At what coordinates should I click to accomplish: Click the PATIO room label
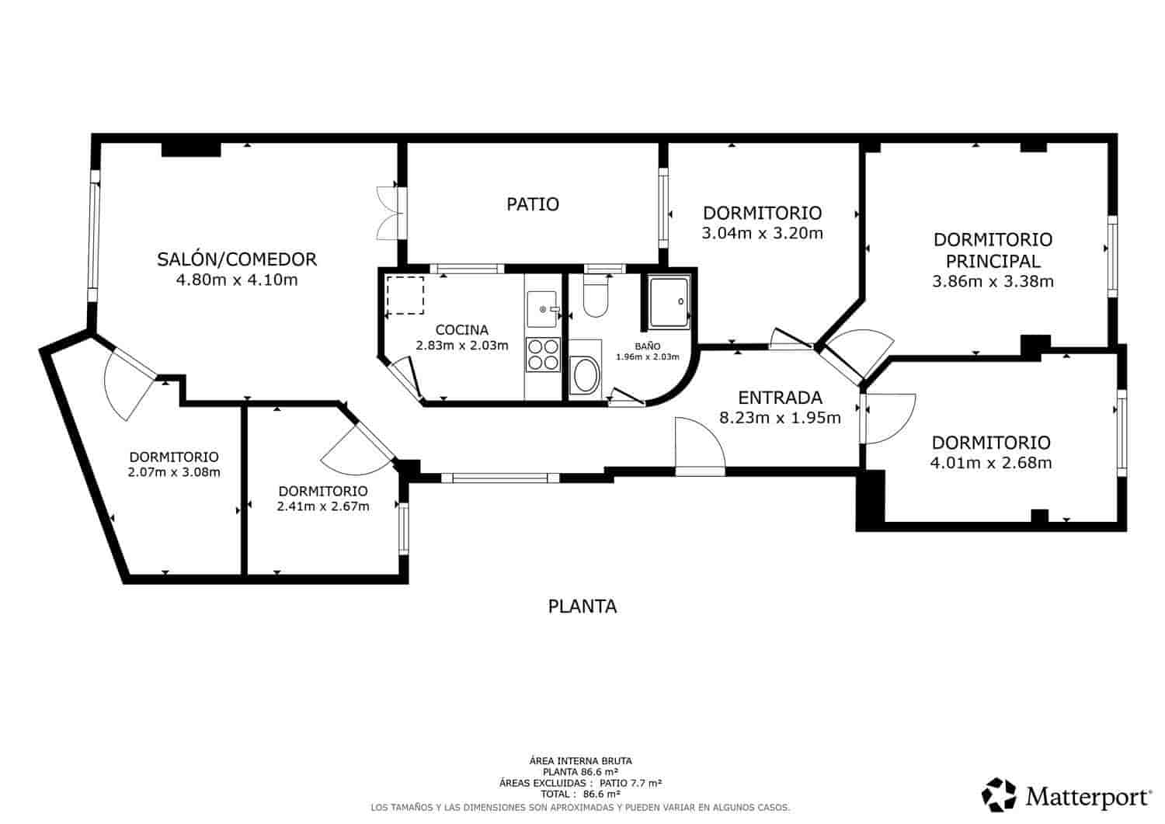pos(533,204)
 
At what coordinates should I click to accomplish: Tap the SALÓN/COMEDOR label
pos(237,259)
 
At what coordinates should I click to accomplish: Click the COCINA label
pos(461,330)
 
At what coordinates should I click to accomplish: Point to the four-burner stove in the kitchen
pos(543,354)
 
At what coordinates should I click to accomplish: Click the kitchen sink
pos(543,308)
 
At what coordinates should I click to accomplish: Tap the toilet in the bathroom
pos(596,297)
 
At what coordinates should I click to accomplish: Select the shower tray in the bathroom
pos(669,301)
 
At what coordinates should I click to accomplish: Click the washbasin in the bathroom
pos(584,377)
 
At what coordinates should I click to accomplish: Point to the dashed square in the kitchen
pos(405,296)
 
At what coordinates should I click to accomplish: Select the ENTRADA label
pos(780,398)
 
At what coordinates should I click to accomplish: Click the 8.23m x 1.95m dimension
pos(780,419)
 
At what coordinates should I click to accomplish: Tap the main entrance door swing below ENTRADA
pos(699,447)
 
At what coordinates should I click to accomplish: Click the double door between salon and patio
pos(388,212)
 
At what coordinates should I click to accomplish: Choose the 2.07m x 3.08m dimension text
pos(174,472)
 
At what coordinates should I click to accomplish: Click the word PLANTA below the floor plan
pos(582,607)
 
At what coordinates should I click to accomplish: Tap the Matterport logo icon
pos(999,794)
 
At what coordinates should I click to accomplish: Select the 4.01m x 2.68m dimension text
pos(991,464)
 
